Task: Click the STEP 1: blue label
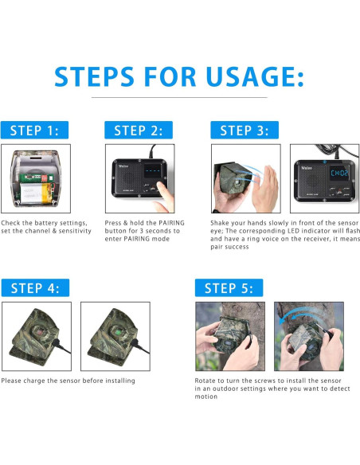[34, 130]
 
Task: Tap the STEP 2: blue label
[139, 130]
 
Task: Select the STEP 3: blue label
[245, 130]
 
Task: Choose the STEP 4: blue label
[35, 287]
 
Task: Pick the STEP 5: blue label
[229, 287]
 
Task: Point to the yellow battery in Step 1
[37, 193]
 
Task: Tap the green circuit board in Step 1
[37, 178]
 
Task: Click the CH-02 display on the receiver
[339, 173]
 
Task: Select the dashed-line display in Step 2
[152, 171]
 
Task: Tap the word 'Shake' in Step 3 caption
[219, 223]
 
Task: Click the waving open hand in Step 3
[266, 190]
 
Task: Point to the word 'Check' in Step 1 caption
[10, 223]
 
